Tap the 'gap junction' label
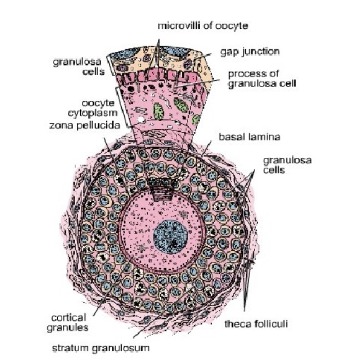[x=250, y=52]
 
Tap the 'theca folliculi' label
[x=256, y=324]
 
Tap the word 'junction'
[x=262, y=52]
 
